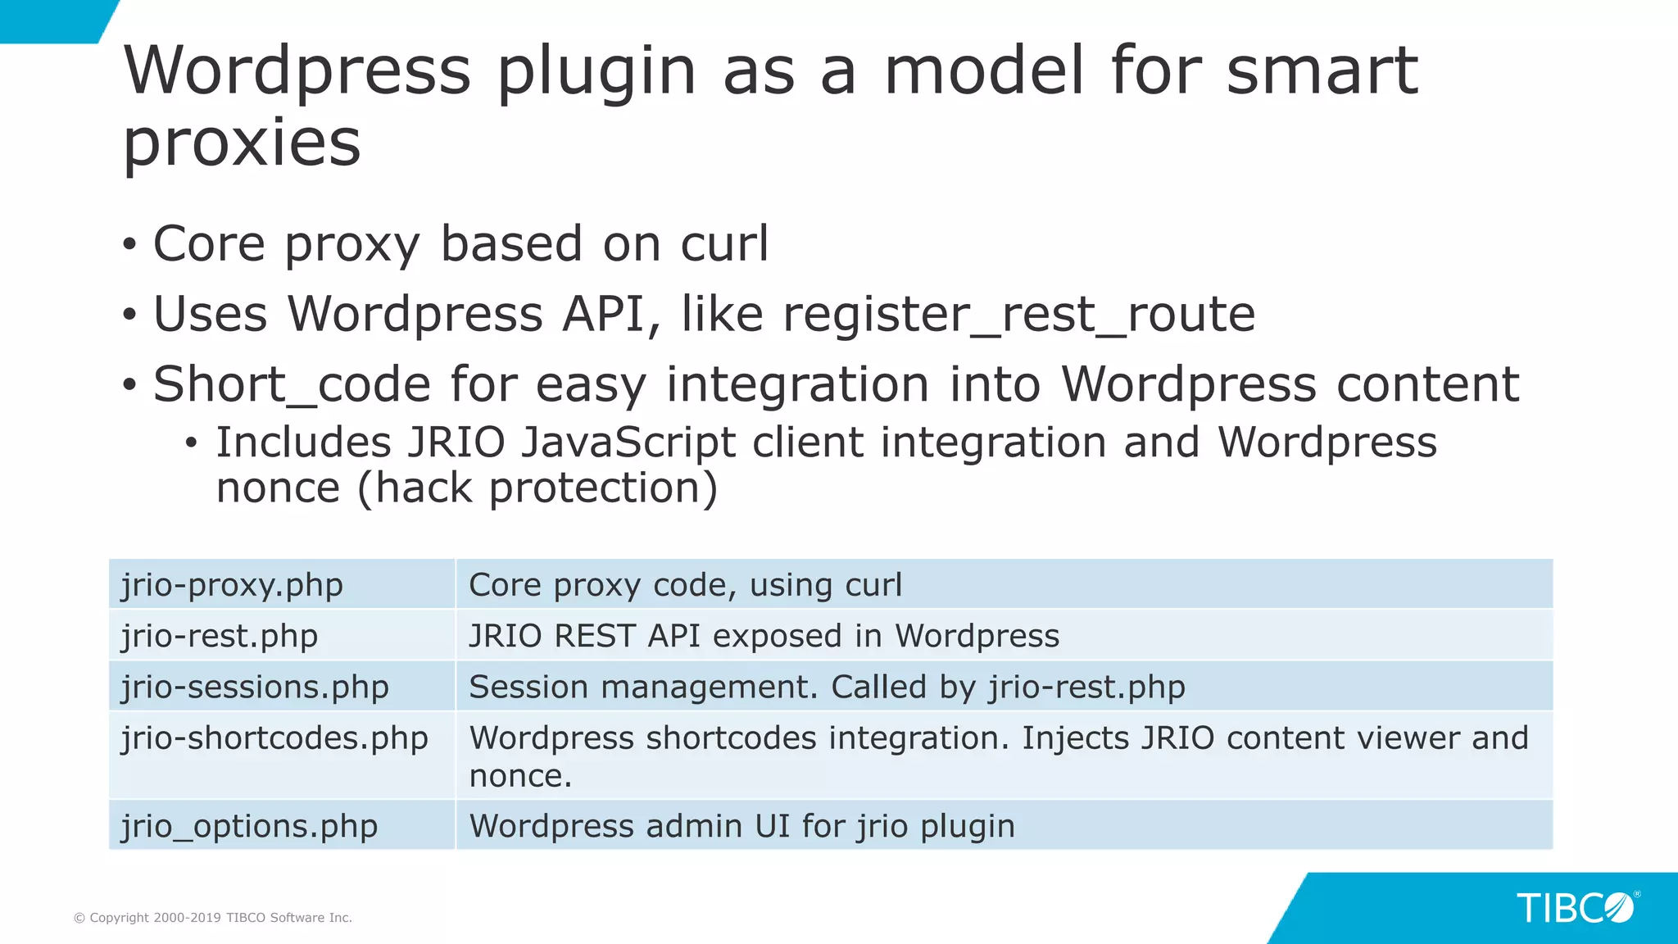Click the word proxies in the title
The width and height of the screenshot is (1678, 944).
tap(242, 143)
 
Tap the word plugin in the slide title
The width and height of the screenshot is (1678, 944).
tap(596, 72)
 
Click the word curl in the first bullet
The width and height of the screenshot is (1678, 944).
tap(724, 243)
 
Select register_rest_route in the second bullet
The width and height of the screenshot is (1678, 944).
tap(1018, 315)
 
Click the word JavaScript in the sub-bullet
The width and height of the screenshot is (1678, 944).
tap(628, 442)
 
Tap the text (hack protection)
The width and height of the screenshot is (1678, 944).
tap(537, 488)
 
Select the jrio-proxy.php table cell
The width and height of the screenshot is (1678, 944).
tap(233, 585)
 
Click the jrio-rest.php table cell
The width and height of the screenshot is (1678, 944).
tap(220, 636)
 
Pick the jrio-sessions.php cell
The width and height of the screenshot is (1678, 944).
tap(255, 687)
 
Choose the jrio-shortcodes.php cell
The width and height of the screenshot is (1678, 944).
tap(274, 738)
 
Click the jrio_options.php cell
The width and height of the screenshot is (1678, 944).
tap(249, 826)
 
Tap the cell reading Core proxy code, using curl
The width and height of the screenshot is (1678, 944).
tap(685, 585)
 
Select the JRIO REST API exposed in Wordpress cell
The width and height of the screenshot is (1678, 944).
tap(764, 636)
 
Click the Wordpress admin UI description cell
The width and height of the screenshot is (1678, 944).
tap(741, 826)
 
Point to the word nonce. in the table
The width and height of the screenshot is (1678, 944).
tap(520, 776)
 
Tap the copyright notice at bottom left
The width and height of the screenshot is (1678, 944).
tap(213, 918)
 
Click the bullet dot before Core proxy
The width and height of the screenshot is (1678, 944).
tap(129, 244)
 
